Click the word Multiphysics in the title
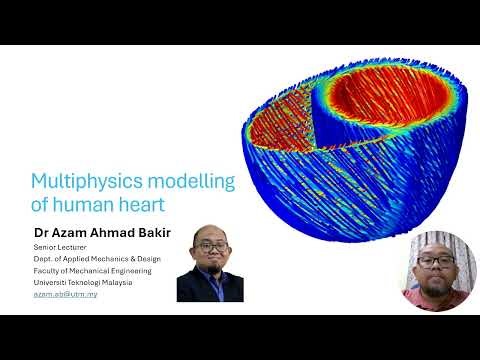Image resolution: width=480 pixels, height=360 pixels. point(85,181)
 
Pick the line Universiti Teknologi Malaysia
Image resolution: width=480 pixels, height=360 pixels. point(83,283)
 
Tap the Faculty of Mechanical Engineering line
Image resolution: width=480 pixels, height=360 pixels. point(92,271)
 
